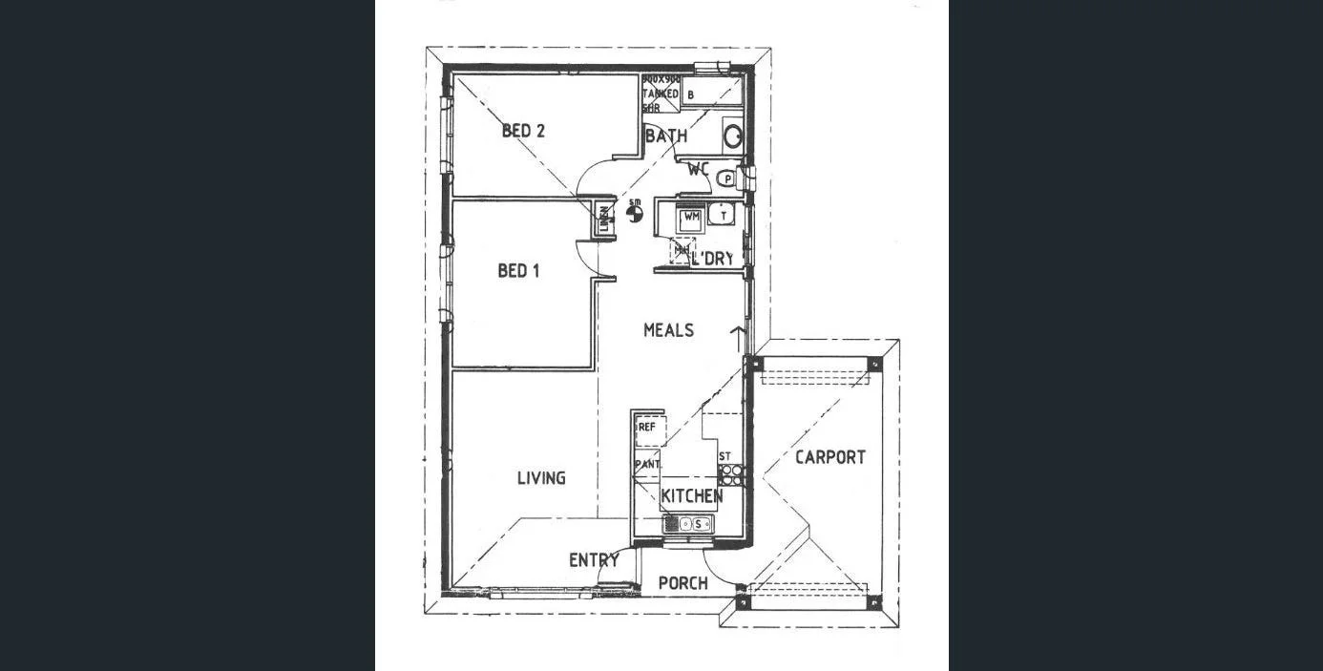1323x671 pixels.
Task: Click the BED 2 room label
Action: [523, 131]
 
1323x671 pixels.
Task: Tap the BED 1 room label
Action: [518, 271]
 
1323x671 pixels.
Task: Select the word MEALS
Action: [668, 330]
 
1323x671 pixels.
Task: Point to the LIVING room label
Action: [541, 478]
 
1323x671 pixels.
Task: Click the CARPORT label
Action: [830, 457]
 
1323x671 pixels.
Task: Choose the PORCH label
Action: [683, 582]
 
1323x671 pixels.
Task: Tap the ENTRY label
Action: [594, 560]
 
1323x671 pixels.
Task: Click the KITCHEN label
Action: [692, 496]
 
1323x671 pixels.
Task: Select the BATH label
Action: [666, 136]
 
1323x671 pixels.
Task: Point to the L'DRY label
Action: [713, 259]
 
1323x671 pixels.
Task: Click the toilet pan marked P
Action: [728, 178]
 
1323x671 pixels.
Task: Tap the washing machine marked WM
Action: [691, 218]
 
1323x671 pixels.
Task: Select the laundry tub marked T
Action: [724, 216]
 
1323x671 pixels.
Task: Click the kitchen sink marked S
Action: [689, 523]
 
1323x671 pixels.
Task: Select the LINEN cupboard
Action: [604, 220]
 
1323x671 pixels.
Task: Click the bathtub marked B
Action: [710, 94]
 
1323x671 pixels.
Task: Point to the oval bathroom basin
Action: [732, 136]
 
